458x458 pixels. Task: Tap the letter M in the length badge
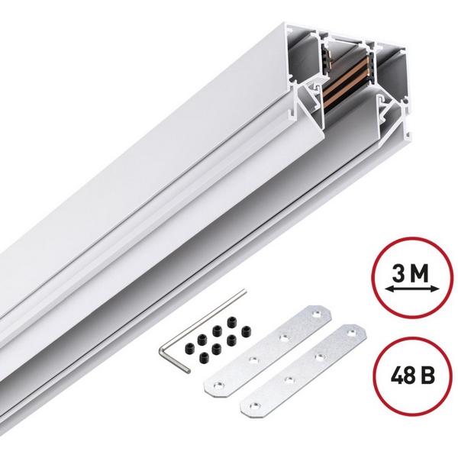point(419,274)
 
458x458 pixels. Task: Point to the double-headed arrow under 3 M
point(412,289)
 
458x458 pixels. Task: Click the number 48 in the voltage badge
point(402,375)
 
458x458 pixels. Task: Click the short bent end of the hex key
point(175,360)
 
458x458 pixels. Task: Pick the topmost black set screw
point(232,322)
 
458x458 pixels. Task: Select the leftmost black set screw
point(190,347)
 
